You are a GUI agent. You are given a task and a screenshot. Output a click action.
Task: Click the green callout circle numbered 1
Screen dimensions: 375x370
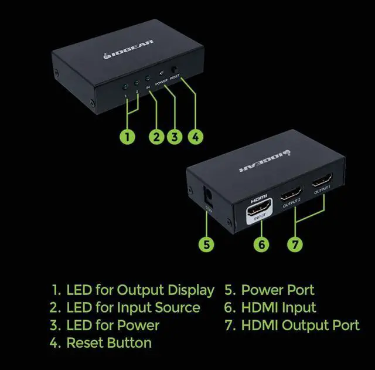point(128,137)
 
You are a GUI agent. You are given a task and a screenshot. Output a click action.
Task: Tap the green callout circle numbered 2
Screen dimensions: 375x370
point(156,137)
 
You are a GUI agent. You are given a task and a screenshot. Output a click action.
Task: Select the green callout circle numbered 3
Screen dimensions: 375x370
point(174,137)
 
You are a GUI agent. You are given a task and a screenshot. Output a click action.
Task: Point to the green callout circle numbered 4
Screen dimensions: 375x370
point(196,137)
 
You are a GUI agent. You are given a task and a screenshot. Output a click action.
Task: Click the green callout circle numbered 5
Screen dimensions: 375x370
point(206,243)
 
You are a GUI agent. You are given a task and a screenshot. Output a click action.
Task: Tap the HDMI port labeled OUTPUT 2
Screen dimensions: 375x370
point(291,194)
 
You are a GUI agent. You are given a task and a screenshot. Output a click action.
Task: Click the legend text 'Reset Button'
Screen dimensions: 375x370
point(109,343)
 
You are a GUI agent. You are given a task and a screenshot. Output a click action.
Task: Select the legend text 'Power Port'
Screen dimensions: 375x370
point(278,290)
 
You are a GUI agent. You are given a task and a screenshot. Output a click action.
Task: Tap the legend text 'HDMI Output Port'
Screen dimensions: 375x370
point(301,325)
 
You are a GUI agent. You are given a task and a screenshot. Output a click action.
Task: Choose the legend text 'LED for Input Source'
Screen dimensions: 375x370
point(133,307)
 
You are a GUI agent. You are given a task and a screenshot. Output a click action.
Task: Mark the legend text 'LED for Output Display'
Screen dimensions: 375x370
point(140,290)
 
